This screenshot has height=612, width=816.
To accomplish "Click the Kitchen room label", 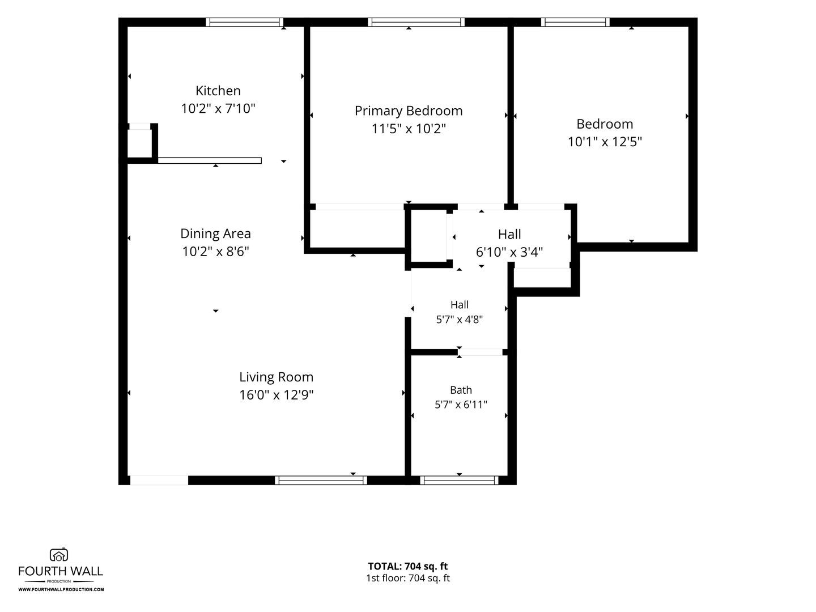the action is coord(218,91).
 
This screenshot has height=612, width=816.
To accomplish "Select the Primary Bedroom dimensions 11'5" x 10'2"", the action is coord(409,129).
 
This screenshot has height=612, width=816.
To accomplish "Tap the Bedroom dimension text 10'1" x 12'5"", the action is coord(605,142).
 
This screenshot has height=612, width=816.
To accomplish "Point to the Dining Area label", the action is coord(215,234).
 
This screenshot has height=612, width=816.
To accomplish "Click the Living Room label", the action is coord(276,377).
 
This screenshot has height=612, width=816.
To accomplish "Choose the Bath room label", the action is coord(461,390).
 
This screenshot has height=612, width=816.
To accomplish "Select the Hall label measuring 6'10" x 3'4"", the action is coord(509,235).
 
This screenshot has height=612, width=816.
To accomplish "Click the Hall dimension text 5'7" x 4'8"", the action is coord(459,320).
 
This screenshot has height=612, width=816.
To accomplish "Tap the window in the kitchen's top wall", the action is coord(244,22).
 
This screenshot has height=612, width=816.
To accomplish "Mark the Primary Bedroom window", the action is coord(416,22).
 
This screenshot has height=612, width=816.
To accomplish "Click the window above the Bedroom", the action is coord(575,22).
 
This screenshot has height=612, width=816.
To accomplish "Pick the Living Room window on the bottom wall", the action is coord(321,481).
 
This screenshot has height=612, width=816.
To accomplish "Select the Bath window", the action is coord(459,481).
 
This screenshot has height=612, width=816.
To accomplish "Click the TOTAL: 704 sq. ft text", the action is coord(408,566).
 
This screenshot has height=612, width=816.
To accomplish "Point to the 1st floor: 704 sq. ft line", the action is coord(408,578).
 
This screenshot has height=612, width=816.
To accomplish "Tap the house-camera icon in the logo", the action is coord(59,555).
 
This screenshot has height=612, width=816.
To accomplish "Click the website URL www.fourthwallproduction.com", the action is coord(61,589).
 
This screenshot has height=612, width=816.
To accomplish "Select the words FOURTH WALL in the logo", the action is coord(61,571).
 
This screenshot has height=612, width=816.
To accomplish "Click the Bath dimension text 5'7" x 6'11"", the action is coord(461,405).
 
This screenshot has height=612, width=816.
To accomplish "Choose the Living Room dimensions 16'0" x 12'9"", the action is coord(276,395).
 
